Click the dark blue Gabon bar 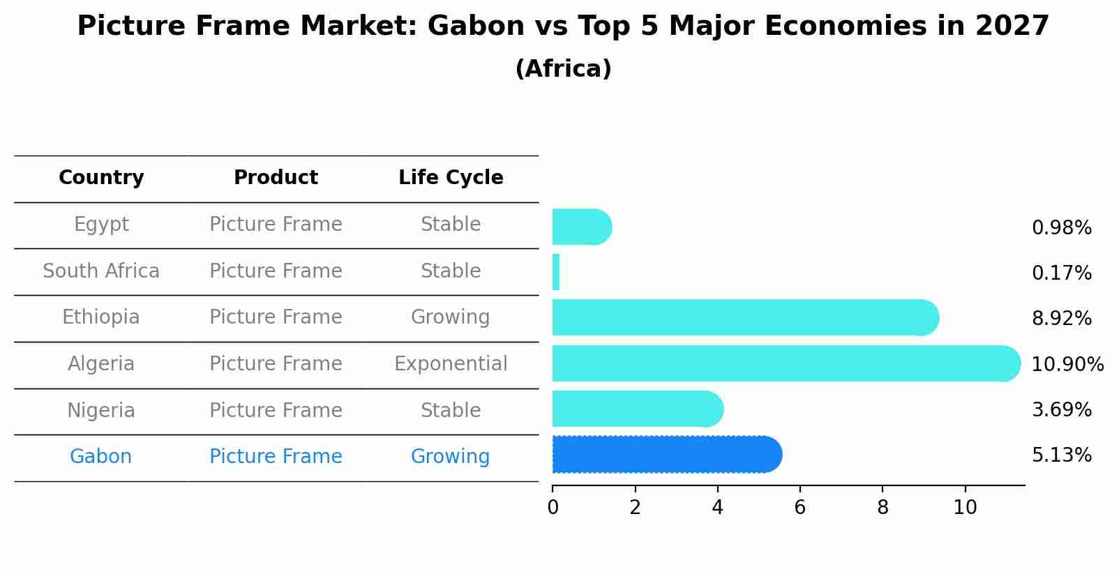click(x=667, y=454)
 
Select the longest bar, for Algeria click(x=786, y=363)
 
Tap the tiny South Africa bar click(x=556, y=272)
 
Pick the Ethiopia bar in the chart click(x=746, y=318)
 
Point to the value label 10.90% click(x=1067, y=364)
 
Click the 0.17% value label click(x=1062, y=273)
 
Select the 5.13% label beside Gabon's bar click(x=1062, y=455)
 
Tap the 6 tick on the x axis click(x=800, y=508)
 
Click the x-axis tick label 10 click(x=965, y=508)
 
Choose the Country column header click(x=101, y=177)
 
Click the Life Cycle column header click(x=451, y=177)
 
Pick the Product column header click(x=276, y=177)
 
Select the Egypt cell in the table click(x=101, y=225)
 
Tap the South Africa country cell click(x=101, y=271)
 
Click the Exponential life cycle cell click(x=451, y=363)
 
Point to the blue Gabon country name click(x=101, y=456)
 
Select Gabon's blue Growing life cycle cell click(x=450, y=457)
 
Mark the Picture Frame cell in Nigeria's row click(x=276, y=410)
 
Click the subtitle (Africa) click(x=564, y=68)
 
